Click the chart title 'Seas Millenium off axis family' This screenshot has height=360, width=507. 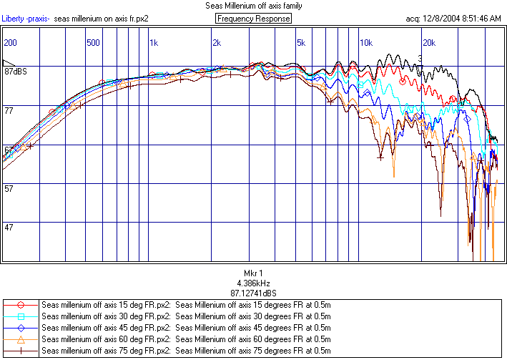click(x=253, y=6)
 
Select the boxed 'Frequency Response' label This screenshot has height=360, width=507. click(x=254, y=18)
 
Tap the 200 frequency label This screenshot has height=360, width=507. click(x=10, y=43)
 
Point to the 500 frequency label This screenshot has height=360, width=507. click(x=93, y=43)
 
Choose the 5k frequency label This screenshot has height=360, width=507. click(x=301, y=43)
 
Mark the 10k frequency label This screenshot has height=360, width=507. click(x=365, y=43)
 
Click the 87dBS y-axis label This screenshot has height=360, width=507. click(x=15, y=72)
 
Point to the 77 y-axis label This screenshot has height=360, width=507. click(x=9, y=111)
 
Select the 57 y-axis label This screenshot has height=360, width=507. click(x=9, y=189)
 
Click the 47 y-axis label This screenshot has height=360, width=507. click(x=9, y=228)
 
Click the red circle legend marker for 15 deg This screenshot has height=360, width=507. click(x=21, y=304)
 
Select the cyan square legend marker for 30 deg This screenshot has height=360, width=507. click(x=21, y=316)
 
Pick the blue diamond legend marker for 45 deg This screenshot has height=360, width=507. click(x=21, y=327)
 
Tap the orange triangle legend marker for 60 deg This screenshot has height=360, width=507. click(x=21, y=339)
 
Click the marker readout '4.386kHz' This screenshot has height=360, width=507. click(x=253, y=283)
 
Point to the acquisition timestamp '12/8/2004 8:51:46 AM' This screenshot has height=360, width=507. click(x=463, y=18)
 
